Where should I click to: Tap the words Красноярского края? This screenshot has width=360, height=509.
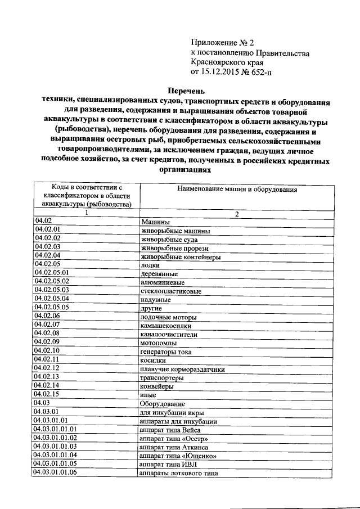click(x=227, y=62)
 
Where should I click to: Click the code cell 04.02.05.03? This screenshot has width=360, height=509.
click(x=52, y=290)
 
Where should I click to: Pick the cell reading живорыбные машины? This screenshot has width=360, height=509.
click(x=175, y=231)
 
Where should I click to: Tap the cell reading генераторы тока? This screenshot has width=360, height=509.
click(x=166, y=352)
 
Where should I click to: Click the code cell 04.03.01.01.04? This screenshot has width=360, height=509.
click(x=55, y=454)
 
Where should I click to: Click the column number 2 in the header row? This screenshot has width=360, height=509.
click(x=237, y=214)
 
